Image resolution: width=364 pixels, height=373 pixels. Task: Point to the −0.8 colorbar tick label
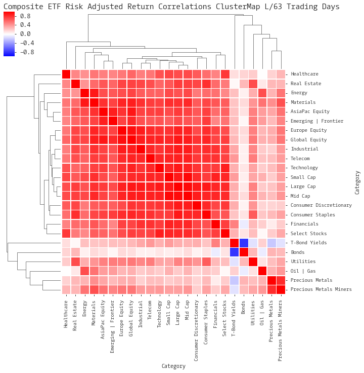(25, 52)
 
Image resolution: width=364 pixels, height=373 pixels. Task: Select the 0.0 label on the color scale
(25, 33)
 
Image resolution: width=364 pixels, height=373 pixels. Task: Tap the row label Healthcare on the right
(304, 74)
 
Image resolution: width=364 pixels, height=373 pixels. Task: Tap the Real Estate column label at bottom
(75, 315)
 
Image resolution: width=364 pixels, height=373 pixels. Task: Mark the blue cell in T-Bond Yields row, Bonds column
(243, 243)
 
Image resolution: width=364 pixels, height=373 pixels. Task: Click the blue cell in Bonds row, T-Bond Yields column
(234, 252)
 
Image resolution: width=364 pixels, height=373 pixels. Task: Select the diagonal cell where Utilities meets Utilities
(253, 262)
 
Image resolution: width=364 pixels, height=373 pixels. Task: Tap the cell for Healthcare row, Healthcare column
(66, 74)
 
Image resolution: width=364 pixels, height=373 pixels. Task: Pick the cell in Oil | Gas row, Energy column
(85, 271)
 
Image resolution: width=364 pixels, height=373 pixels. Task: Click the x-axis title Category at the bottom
(173, 366)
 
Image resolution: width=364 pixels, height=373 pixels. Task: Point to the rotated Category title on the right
(357, 182)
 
